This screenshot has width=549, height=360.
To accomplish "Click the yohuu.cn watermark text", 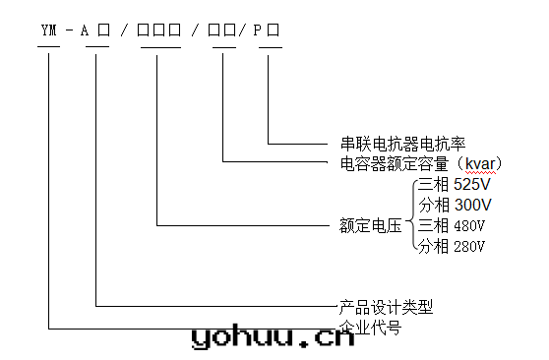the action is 272,337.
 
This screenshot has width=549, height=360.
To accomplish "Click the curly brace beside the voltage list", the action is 410,215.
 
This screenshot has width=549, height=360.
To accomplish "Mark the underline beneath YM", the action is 49,46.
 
